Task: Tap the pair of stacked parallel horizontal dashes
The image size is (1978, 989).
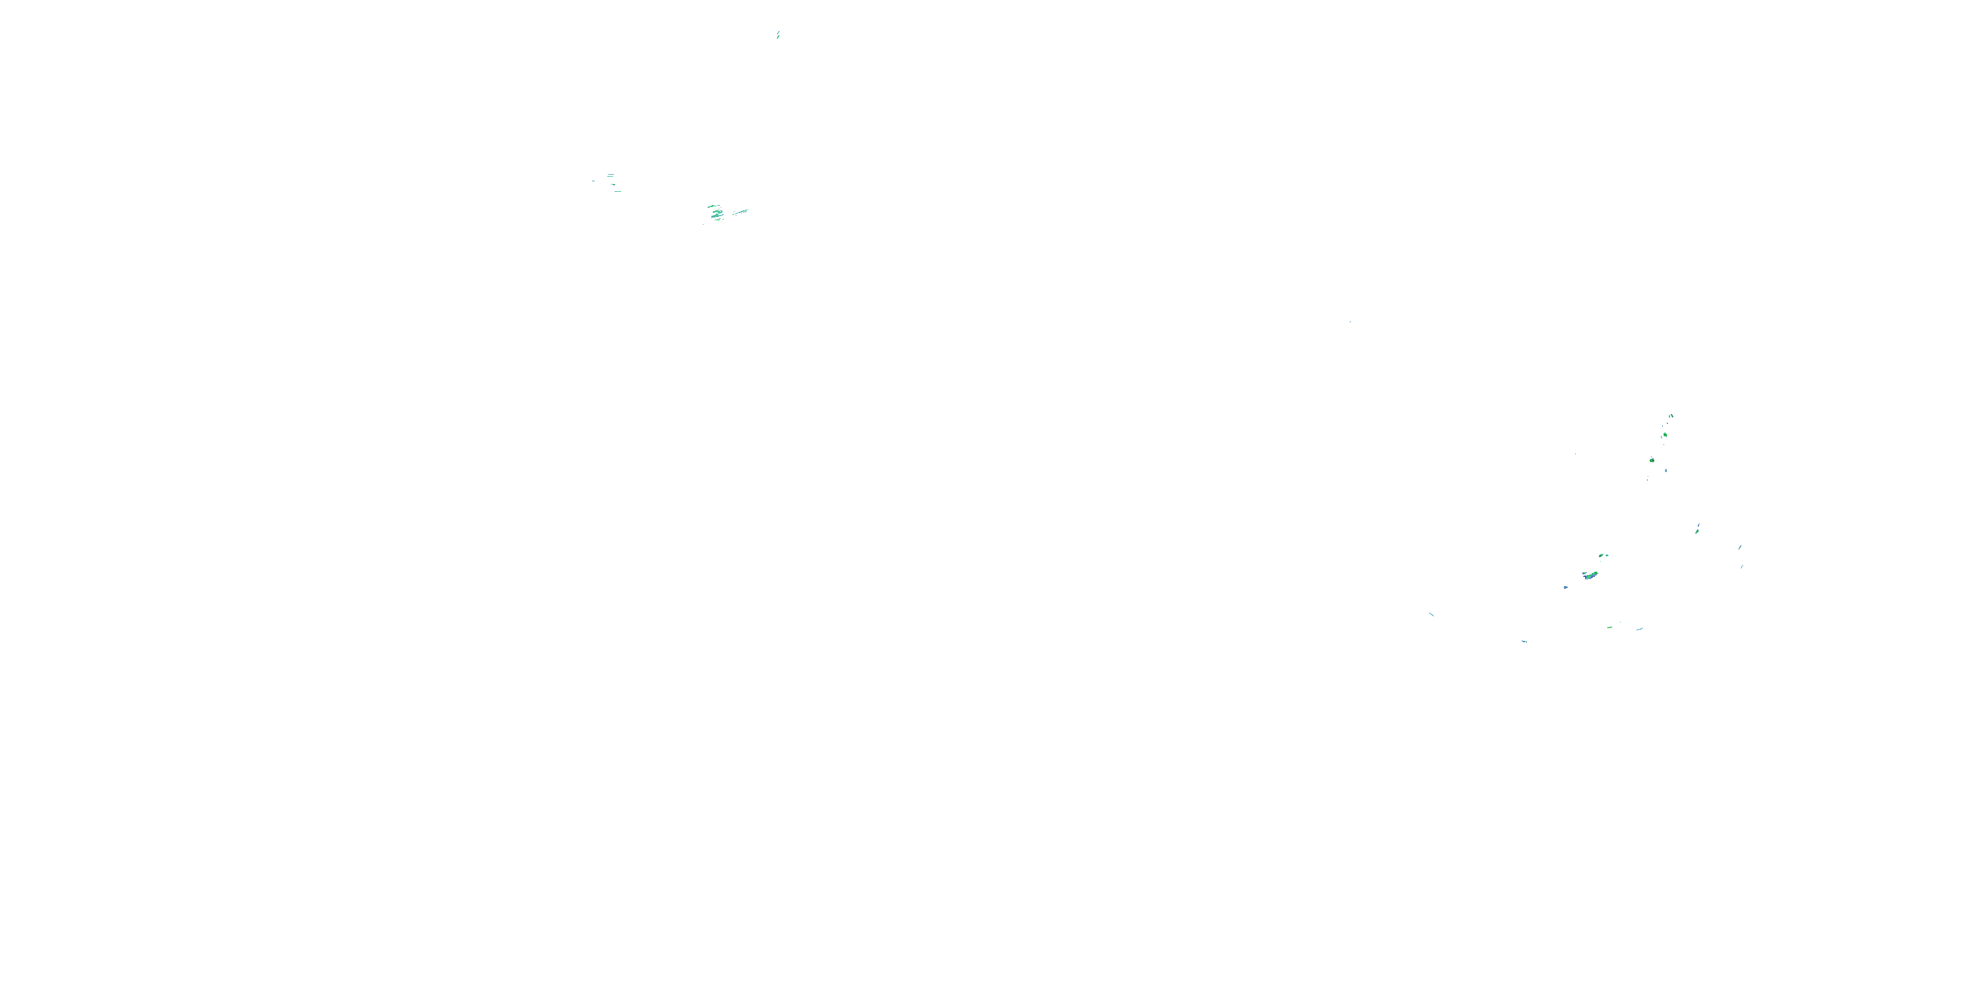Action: [611, 176]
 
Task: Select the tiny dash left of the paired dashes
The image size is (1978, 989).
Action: [593, 181]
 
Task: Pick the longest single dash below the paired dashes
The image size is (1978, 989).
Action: [617, 191]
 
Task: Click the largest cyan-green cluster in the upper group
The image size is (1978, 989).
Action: [717, 214]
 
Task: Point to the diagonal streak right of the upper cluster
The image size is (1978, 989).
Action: [740, 212]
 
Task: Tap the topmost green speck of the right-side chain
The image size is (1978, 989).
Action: [1671, 416]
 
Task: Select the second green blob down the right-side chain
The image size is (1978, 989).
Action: [1664, 435]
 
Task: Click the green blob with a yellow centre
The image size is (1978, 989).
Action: [1652, 460]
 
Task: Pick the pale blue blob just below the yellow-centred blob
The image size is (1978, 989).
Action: [1665, 470]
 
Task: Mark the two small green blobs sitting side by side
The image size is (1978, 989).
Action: [1603, 555]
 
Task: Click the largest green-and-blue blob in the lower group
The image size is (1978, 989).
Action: [1590, 574]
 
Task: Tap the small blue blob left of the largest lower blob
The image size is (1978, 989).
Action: [1566, 587]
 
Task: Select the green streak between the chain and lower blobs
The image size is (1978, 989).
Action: [1697, 528]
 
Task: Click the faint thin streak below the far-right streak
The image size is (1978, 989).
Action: [1741, 566]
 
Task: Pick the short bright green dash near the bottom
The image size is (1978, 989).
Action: [1609, 627]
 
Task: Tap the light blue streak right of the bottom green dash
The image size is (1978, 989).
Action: [1639, 629]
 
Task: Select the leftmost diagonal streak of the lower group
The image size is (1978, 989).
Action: [1431, 614]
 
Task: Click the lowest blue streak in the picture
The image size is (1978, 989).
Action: [1524, 640]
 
